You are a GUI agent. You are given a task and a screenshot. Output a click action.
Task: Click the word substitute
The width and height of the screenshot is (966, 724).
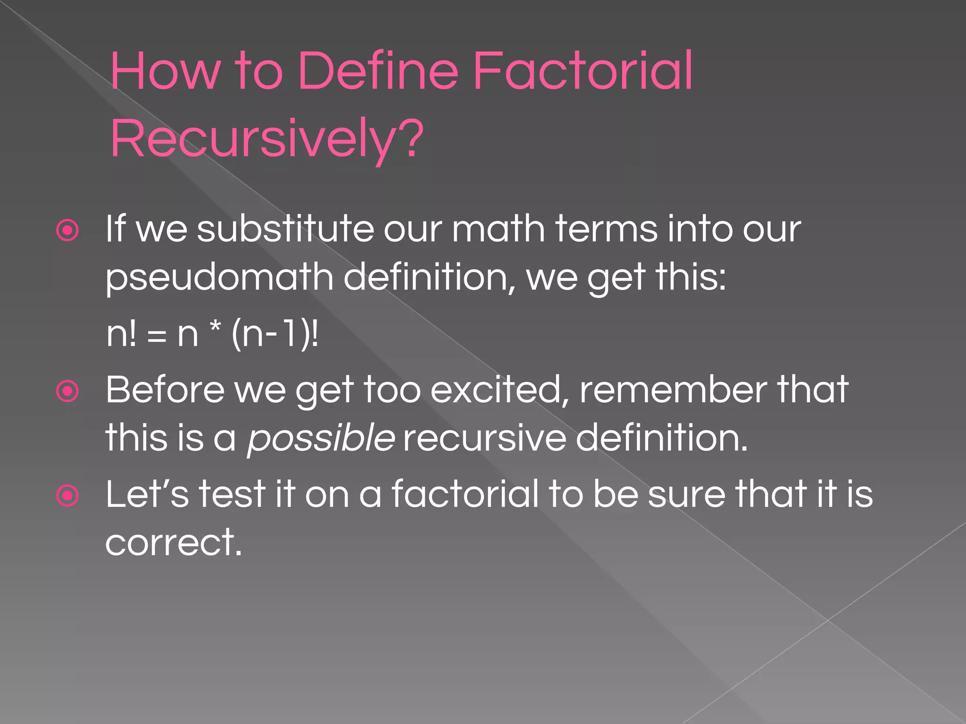286,229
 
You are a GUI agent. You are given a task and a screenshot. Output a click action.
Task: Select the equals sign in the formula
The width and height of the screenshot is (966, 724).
157,336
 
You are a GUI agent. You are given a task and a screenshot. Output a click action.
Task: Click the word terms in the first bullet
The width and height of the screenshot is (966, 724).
606,229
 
